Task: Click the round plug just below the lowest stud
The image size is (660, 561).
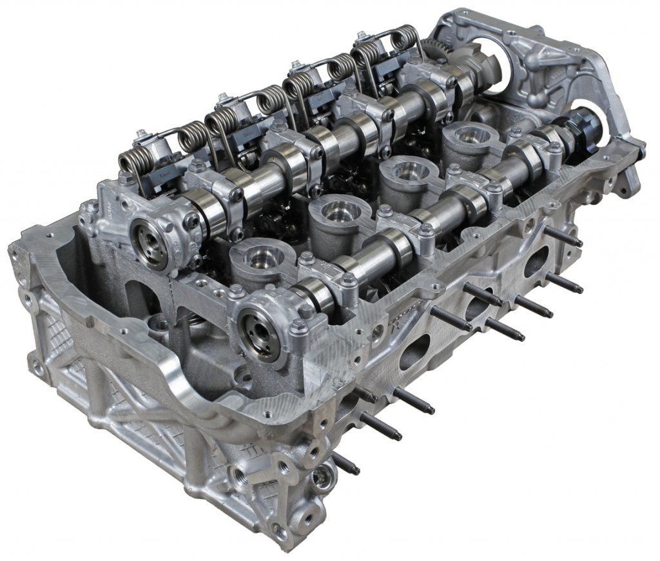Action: coord(323,480)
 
